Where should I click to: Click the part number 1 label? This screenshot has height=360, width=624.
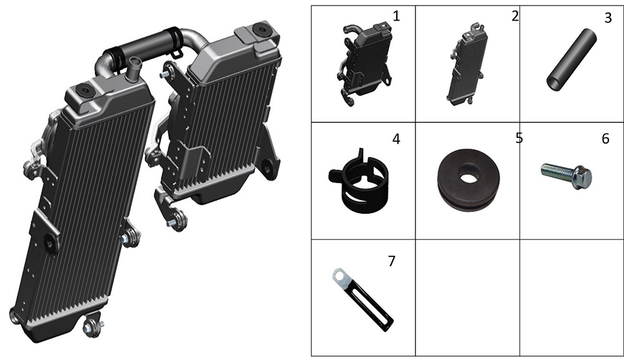(396, 16)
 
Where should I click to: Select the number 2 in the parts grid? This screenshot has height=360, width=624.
(515, 16)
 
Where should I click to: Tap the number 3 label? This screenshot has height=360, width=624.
(608, 18)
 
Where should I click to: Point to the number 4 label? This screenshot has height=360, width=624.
(396, 139)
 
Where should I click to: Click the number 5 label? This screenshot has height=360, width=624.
(519, 138)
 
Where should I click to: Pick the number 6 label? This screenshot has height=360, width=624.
(605, 139)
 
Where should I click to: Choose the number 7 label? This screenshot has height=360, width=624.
(392, 261)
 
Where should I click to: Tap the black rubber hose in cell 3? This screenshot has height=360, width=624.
(572, 59)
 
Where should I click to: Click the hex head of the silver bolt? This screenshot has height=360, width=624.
(582, 177)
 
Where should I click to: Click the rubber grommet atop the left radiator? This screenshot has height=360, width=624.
(85, 90)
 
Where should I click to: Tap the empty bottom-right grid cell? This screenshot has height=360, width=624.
(572, 298)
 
